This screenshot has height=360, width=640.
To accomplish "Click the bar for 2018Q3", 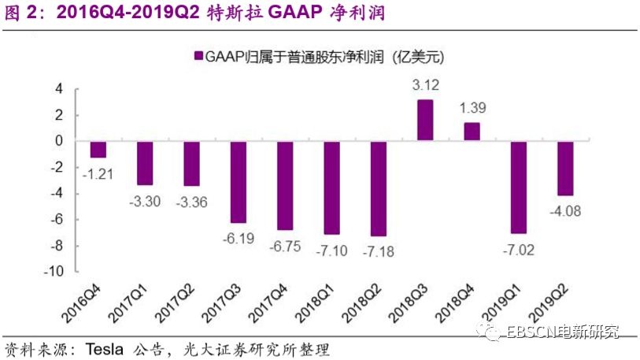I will coord(425,120).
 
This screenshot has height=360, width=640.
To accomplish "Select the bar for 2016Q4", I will coord(98,149).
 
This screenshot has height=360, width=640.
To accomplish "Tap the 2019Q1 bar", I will coord(519,187).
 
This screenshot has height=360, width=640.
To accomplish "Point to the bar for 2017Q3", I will coord(239,182).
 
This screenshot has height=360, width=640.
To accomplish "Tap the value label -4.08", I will coord(566,210).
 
